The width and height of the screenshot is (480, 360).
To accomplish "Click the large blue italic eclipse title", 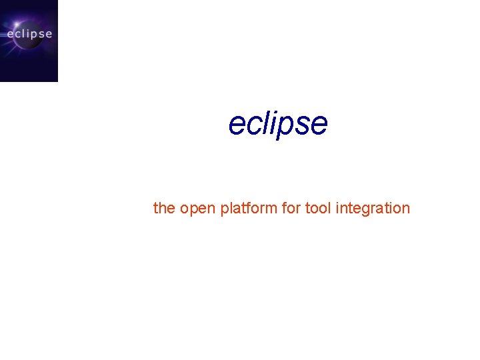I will pos(278,123).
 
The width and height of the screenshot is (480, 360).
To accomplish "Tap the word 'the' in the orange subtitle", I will pos(164,208).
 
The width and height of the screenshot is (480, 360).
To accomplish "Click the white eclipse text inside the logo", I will pos(29,33).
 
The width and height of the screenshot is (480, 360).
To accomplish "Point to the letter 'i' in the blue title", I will pos(273,123).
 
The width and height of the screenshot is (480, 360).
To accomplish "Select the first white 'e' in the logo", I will pos(11,33).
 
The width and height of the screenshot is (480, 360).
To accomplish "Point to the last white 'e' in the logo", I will pos(47,33).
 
